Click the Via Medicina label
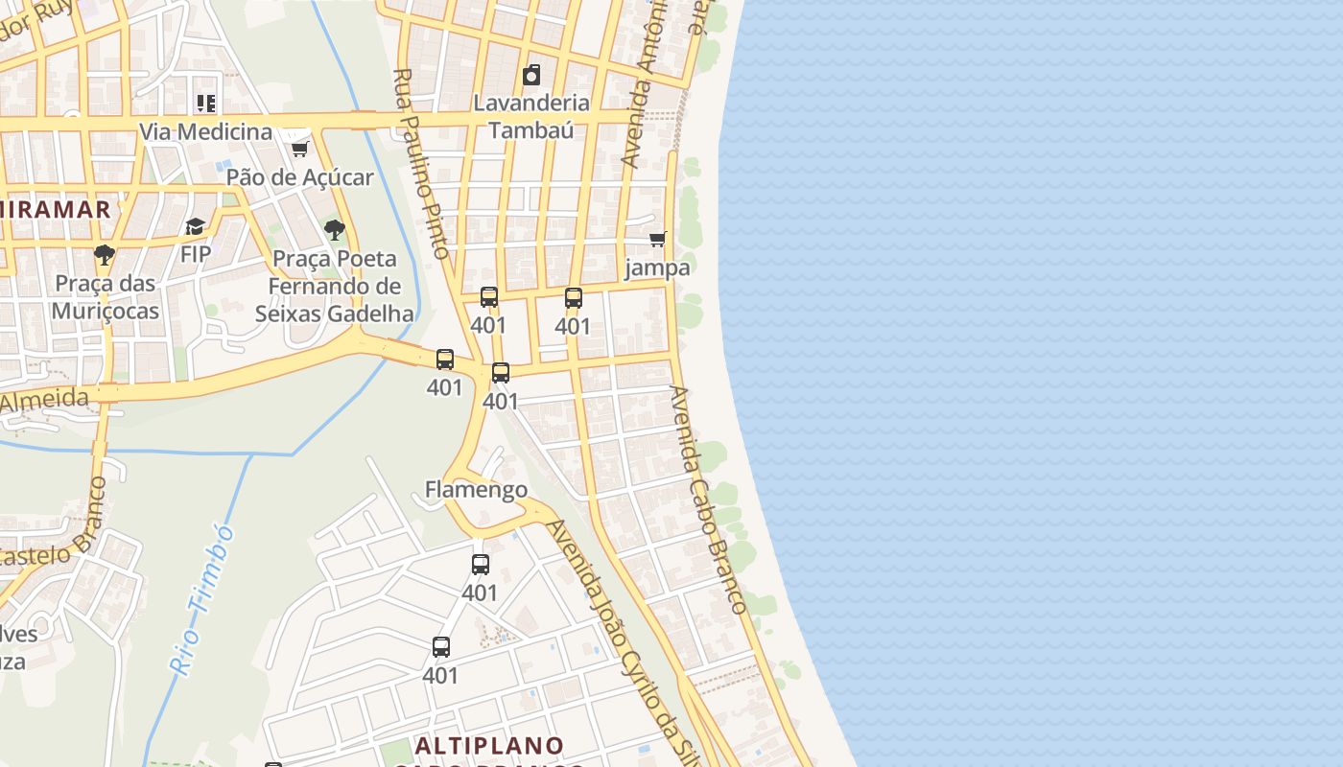[206, 131]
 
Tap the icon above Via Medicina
[206, 103]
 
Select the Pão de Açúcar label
[299, 177]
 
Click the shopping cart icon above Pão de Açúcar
[299, 149]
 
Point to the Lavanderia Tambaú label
[531, 116]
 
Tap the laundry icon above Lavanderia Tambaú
[531, 75]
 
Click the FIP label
[196, 255]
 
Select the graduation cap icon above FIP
[196, 227]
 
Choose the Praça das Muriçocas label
[106, 297]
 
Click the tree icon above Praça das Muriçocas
[105, 255]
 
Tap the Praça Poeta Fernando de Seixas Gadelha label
[334, 286]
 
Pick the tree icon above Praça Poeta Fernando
[334, 230]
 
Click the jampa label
[657, 267]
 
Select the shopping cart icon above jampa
[657, 239]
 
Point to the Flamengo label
[476, 490]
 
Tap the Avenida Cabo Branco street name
[708, 499]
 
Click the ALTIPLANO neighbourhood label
[490, 745]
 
